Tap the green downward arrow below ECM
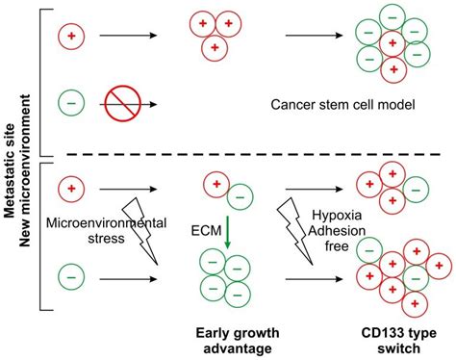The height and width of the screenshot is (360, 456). coord(226,235)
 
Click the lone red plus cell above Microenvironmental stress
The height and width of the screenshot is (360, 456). coord(70,183)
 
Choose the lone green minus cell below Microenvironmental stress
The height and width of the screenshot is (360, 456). coord(70,279)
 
